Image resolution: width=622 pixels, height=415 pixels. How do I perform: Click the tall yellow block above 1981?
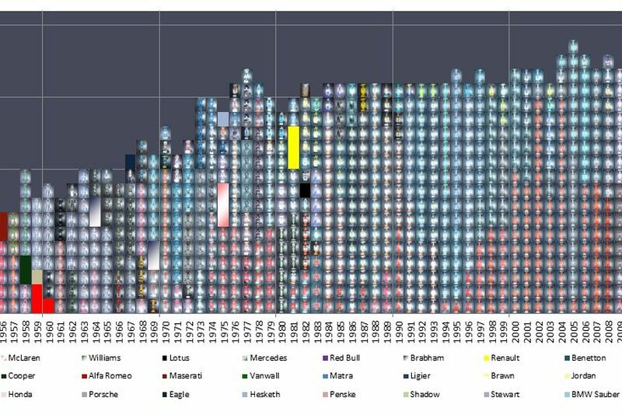(293, 147)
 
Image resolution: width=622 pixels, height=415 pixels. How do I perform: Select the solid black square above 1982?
(306, 190)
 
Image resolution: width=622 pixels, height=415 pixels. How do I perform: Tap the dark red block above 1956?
(3, 226)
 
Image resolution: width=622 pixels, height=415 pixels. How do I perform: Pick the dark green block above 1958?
(26, 269)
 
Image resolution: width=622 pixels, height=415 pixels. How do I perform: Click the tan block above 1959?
(37, 277)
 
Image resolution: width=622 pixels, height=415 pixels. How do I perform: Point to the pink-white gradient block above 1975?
(223, 205)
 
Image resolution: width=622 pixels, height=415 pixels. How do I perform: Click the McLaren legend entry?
(24, 358)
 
